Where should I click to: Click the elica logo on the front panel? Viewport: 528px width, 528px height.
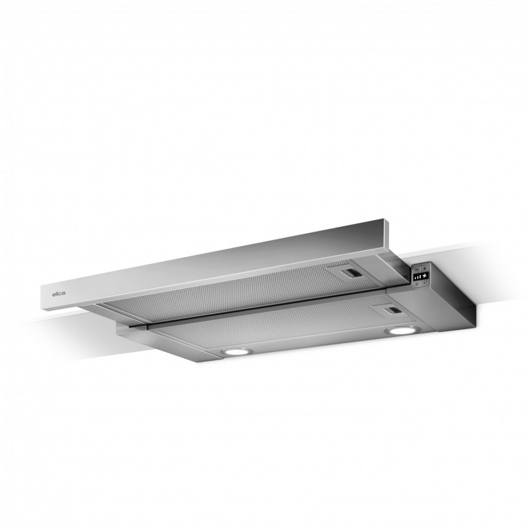click(x=58, y=294)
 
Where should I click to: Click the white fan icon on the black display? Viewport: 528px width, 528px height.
click(x=424, y=276)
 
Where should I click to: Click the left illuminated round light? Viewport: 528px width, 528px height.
click(x=236, y=352)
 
